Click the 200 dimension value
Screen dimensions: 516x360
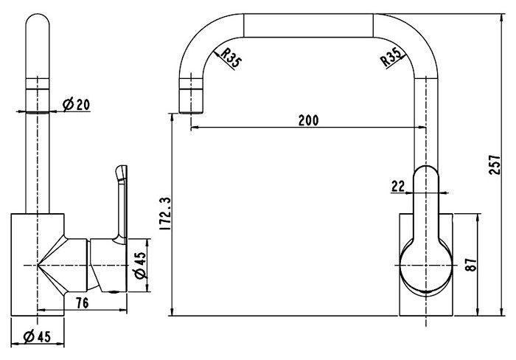pos(308,120)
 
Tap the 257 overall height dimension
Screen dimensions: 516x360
pos(495,165)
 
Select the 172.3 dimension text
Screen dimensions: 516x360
pos(164,214)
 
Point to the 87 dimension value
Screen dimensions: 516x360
pos(471,264)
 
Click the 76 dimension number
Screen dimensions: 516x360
pos(83,302)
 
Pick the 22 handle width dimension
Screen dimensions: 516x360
pos(398,186)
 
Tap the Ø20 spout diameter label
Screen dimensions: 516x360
pos(76,105)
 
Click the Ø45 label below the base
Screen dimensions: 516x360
pos(37,336)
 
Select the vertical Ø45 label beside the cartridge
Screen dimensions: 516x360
pos(140,266)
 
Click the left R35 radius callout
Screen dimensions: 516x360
pos(230,58)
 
